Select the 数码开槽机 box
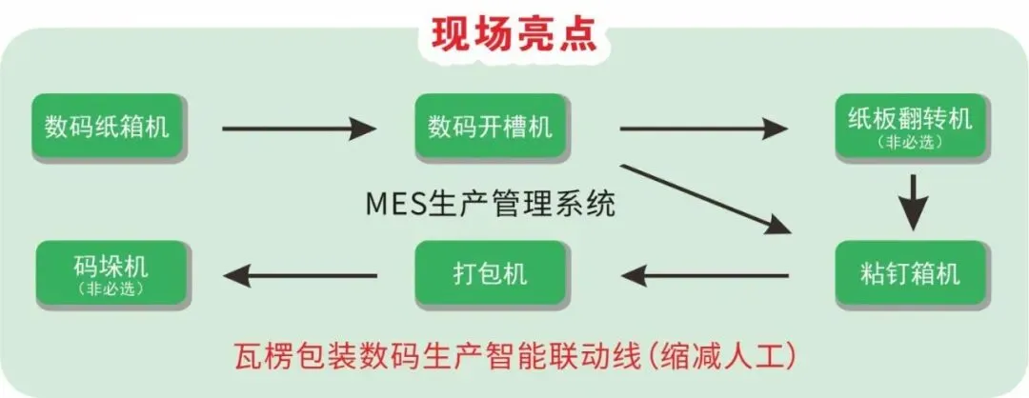490,127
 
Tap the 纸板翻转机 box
909,126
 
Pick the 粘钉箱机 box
909,274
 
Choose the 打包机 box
490,274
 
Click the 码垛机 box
110,273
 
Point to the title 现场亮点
514,33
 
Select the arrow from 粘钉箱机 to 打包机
705,276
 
